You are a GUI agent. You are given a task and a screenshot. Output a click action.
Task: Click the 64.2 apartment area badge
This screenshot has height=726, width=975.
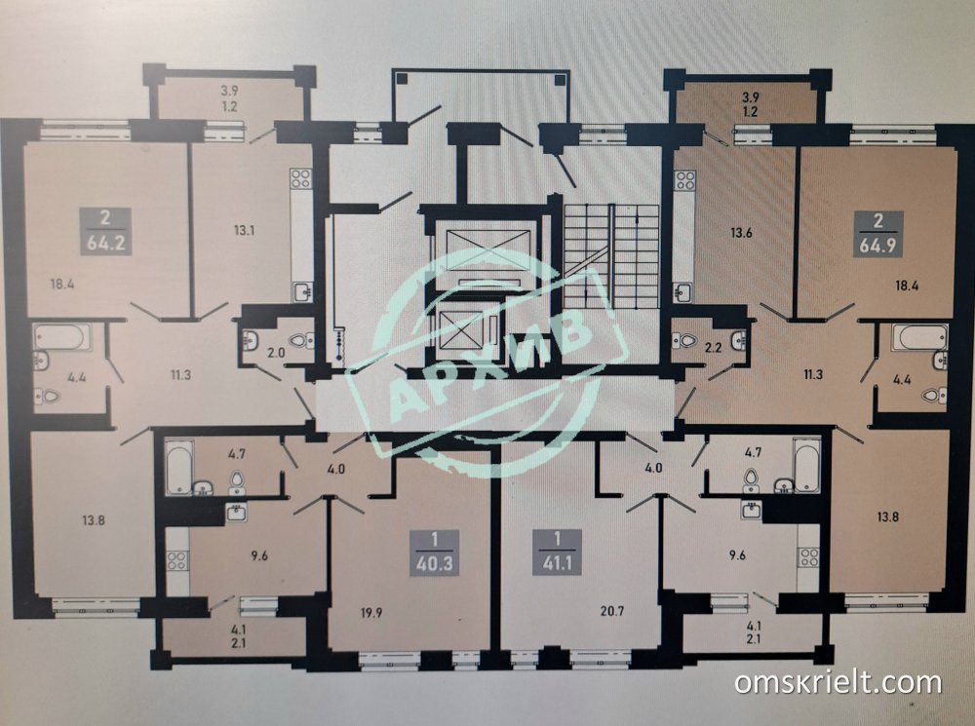(x=105, y=231)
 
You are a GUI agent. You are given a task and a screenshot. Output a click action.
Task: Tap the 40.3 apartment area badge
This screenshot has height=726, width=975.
(x=434, y=554)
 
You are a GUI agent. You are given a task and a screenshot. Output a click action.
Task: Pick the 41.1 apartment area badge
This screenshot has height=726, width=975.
(x=557, y=554)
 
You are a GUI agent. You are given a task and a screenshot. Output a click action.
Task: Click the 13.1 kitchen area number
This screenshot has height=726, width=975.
(x=245, y=231)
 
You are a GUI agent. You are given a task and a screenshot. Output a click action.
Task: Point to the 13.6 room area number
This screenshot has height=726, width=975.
(x=741, y=234)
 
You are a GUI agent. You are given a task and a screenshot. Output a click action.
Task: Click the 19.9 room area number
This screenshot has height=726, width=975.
(x=370, y=613)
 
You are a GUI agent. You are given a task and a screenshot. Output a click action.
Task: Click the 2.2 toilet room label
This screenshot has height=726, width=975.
(x=714, y=348)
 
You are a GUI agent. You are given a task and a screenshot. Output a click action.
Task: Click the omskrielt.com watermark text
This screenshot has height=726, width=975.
(x=838, y=682)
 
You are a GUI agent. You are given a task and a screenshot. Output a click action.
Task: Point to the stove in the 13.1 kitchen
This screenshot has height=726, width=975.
(x=300, y=179)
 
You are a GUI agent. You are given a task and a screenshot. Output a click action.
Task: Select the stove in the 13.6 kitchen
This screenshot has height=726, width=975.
(x=685, y=180)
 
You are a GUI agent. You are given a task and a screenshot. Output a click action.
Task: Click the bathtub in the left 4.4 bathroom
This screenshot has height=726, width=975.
(x=60, y=337)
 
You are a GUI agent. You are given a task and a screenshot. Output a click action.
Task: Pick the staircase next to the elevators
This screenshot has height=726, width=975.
(x=611, y=256)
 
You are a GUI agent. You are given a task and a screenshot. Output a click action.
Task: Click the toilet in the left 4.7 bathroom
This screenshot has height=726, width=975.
(x=237, y=481)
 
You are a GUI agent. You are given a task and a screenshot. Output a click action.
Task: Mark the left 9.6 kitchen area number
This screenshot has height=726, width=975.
(x=258, y=555)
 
